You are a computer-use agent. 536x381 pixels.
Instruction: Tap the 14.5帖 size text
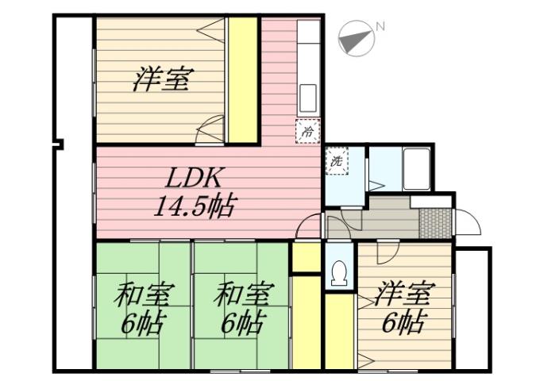pyautogui.click(x=194, y=207)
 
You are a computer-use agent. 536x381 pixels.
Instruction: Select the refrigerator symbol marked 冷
pyautogui.click(x=307, y=130)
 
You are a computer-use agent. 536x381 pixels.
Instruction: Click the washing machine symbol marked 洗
pyautogui.click(x=337, y=160)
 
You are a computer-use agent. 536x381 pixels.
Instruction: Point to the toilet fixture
pyautogui.click(x=339, y=272)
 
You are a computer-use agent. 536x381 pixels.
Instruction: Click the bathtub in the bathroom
pyautogui.click(x=416, y=167)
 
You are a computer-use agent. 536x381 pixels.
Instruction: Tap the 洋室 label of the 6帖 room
pyautogui.click(x=403, y=295)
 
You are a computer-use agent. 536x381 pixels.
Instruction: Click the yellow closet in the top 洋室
pyautogui.click(x=243, y=79)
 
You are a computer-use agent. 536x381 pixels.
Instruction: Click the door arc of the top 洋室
pyautogui.click(x=211, y=129)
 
